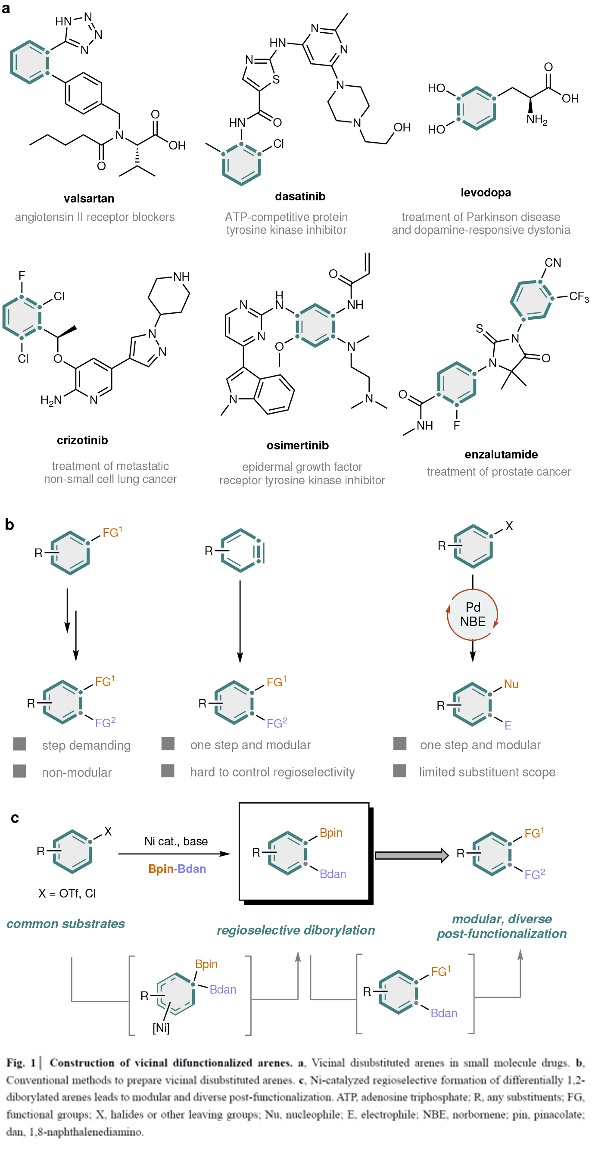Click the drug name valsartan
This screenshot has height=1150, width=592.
(x=89, y=199)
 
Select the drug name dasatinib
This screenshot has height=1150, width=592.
(x=300, y=196)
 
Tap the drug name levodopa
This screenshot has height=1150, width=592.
(x=486, y=193)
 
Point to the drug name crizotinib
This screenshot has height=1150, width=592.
(x=82, y=440)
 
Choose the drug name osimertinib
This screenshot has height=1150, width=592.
(x=297, y=446)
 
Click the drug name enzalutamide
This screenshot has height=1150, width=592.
(x=501, y=455)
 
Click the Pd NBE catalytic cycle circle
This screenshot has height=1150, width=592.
(x=472, y=614)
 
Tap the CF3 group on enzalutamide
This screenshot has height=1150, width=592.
(x=579, y=297)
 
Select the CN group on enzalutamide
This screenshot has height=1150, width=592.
(x=553, y=262)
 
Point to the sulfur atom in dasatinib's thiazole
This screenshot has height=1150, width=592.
(x=276, y=79)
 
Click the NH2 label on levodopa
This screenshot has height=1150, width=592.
(x=537, y=120)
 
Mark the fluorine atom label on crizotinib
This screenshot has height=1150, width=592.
(x=22, y=275)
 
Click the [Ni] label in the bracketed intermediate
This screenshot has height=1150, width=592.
(x=161, y=1028)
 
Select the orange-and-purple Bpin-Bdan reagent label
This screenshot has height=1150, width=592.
(x=177, y=869)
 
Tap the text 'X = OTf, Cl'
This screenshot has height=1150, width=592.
(x=67, y=893)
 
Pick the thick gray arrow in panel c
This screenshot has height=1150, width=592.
(x=411, y=855)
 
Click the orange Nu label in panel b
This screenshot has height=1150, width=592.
(x=511, y=684)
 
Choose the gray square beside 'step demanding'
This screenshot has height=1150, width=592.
(x=20, y=744)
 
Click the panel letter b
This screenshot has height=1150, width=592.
(x=9, y=524)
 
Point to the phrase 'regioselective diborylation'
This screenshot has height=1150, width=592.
(x=296, y=930)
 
